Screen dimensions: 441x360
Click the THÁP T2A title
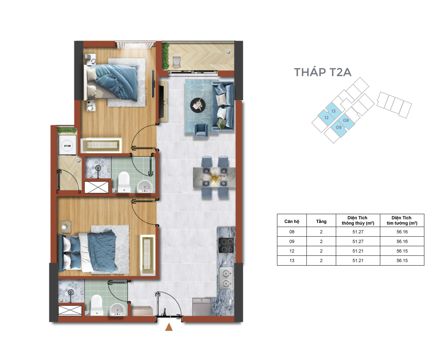pos(322,72)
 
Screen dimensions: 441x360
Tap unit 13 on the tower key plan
pos(333,111)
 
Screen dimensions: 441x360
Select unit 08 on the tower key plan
pos(346,120)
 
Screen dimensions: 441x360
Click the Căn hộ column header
pos(291,221)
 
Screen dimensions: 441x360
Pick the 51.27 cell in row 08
pos(358,232)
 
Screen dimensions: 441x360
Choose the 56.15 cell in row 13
pos(402,260)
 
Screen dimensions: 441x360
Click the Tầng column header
pos(321,221)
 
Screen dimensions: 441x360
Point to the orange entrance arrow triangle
pos(169,327)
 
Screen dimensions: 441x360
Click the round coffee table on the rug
pos(198,105)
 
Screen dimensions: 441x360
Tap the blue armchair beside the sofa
pos(201,130)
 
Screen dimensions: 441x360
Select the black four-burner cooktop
pos(226,245)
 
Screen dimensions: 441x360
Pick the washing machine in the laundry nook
pos(67,145)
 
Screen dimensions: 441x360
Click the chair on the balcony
pos(176,62)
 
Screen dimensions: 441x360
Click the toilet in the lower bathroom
pos(97,305)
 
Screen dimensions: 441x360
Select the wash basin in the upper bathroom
pos(144,186)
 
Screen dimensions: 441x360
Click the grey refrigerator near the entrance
pos(201,307)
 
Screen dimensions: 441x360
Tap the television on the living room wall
pos(161,102)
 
